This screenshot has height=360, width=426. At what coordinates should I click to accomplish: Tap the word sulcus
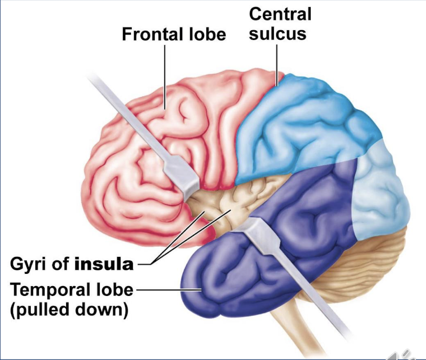[x=278, y=33]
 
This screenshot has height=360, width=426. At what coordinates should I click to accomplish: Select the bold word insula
[x=104, y=265]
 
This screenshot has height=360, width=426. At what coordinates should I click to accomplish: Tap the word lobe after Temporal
[x=111, y=290]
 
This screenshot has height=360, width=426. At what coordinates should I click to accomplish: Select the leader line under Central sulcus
[x=277, y=62]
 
